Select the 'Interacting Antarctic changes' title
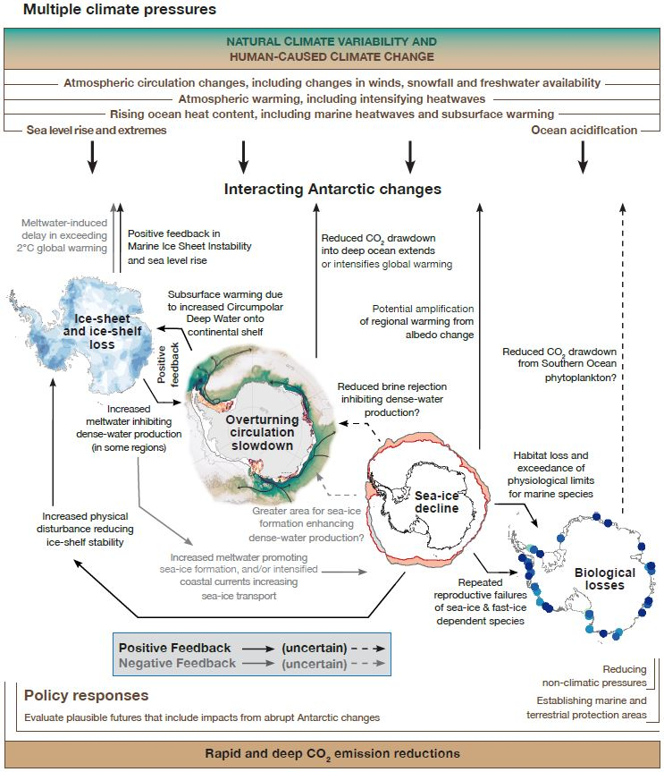pos(332,190)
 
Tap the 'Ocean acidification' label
pos(584,130)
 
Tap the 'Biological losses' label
pos(605,579)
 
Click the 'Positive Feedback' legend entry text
pos(174,648)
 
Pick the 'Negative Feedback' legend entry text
pos(177,663)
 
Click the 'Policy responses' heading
pos(86,695)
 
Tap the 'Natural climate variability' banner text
pos(332,49)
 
